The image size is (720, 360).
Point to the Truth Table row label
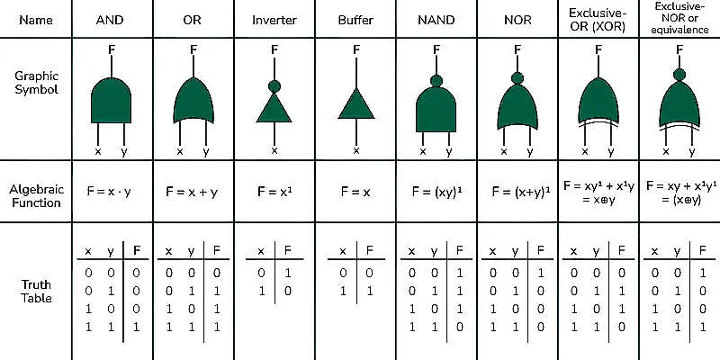click(35, 291)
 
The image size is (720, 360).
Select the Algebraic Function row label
click(35, 196)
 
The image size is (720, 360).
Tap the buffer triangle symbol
click(356, 106)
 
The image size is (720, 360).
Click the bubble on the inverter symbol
click(274, 87)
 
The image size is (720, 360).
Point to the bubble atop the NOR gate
click(517, 77)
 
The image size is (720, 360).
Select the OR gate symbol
click(193, 101)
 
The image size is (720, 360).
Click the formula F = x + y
click(193, 192)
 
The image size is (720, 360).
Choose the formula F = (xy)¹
click(436, 192)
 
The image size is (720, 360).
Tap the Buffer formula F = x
click(356, 192)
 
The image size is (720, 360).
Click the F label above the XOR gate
click(598, 50)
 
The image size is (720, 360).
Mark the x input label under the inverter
click(274, 150)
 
